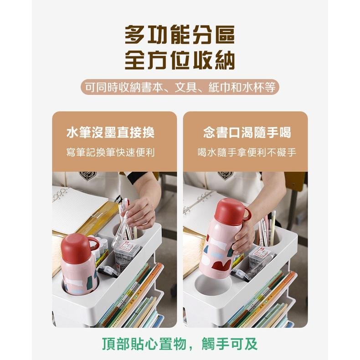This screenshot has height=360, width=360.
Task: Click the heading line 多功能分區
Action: (x=180, y=35)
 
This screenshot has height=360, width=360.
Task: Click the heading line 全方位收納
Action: (x=180, y=60)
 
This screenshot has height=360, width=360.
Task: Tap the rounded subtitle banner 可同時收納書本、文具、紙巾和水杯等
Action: (x=180, y=87)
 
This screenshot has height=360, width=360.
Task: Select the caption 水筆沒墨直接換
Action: (x=110, y=133)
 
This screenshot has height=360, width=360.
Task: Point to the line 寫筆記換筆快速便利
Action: (x=110, y=152)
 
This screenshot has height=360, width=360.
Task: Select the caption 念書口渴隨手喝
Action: (x=247, y=133)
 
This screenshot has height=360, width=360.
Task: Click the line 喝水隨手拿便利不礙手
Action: (x=247, y=152)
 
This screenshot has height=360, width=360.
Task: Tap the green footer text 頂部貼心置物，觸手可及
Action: (x=180, y=344)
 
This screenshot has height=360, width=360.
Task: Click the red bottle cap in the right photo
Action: (x=230, y=211)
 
